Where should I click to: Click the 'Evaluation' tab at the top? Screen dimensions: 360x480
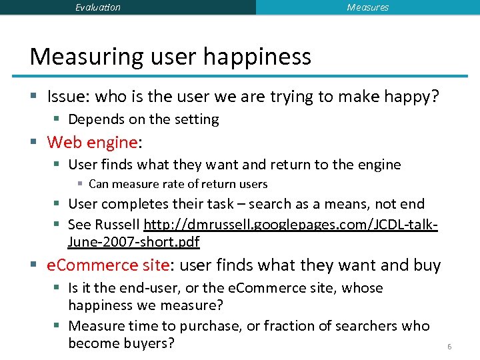coord(98,7)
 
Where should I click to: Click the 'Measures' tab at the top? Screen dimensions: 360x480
coord(367,7)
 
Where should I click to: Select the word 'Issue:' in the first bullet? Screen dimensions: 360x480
coord(69,97)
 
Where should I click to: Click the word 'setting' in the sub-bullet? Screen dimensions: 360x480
coord(196,119)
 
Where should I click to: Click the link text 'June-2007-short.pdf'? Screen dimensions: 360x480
coord(133,242)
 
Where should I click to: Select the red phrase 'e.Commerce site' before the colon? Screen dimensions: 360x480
coord(108,265)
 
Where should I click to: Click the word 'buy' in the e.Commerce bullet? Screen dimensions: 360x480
coord(427,265)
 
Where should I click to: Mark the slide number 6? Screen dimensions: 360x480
coord(449,347)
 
